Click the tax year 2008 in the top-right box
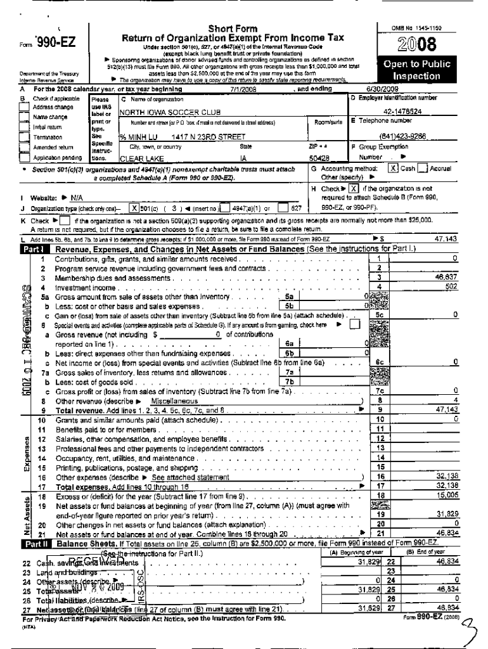point(416,44)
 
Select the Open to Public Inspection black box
point(416,70)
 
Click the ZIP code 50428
point(319,158)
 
